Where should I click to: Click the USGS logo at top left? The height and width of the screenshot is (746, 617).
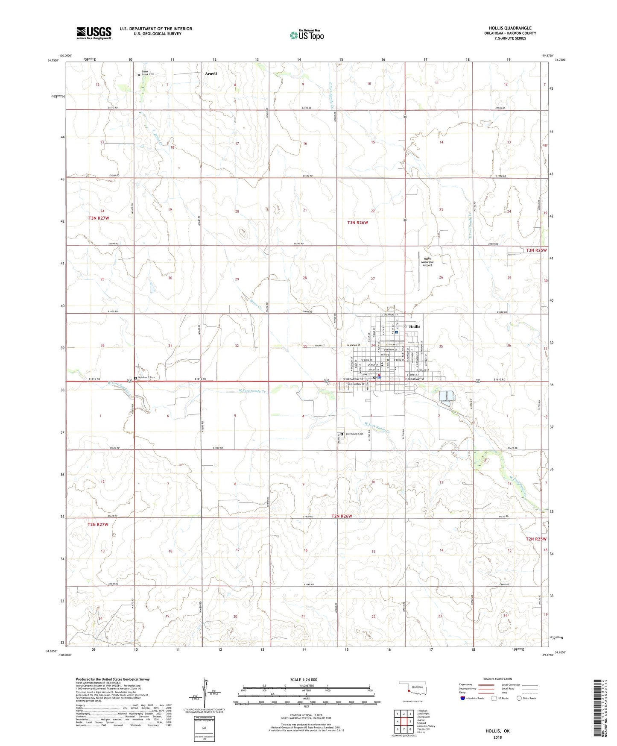pyautogui.click(x=94, y=33)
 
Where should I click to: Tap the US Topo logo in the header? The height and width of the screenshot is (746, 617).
pyautogui.click(x=307, y=35)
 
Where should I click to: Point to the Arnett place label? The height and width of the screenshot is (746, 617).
pyautogui.click(x=211, y=73)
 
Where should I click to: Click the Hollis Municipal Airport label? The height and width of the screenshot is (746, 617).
pyautogui.click(x=427, y=262)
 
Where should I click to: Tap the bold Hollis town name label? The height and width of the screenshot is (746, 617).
pyautogui.click(x=415, y=326)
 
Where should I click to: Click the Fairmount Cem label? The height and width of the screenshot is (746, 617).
pyautogui.click(x=354, y=434)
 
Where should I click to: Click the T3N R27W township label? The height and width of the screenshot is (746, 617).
pyautogui.click(x=99, y=218)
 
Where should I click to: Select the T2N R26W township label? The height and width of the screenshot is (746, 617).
pyautogui.click(x=342, y=516)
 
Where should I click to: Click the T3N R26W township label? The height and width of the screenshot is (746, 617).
pyautogui.click(x=357, y=223)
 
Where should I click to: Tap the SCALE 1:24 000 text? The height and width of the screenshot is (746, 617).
pyautogui.click(x=304, y=680)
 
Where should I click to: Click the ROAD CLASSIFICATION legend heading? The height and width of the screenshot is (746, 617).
pyautogui.click(x=497, y=679)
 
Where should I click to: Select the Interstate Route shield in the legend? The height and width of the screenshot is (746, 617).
pyautogui.click(x=463, y=698)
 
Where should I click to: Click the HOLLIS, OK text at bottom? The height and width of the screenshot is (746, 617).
pyautogui.click(x=497, y=731)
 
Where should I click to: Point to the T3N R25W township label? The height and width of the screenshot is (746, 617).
pyautogui.click(x=536, y=250)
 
